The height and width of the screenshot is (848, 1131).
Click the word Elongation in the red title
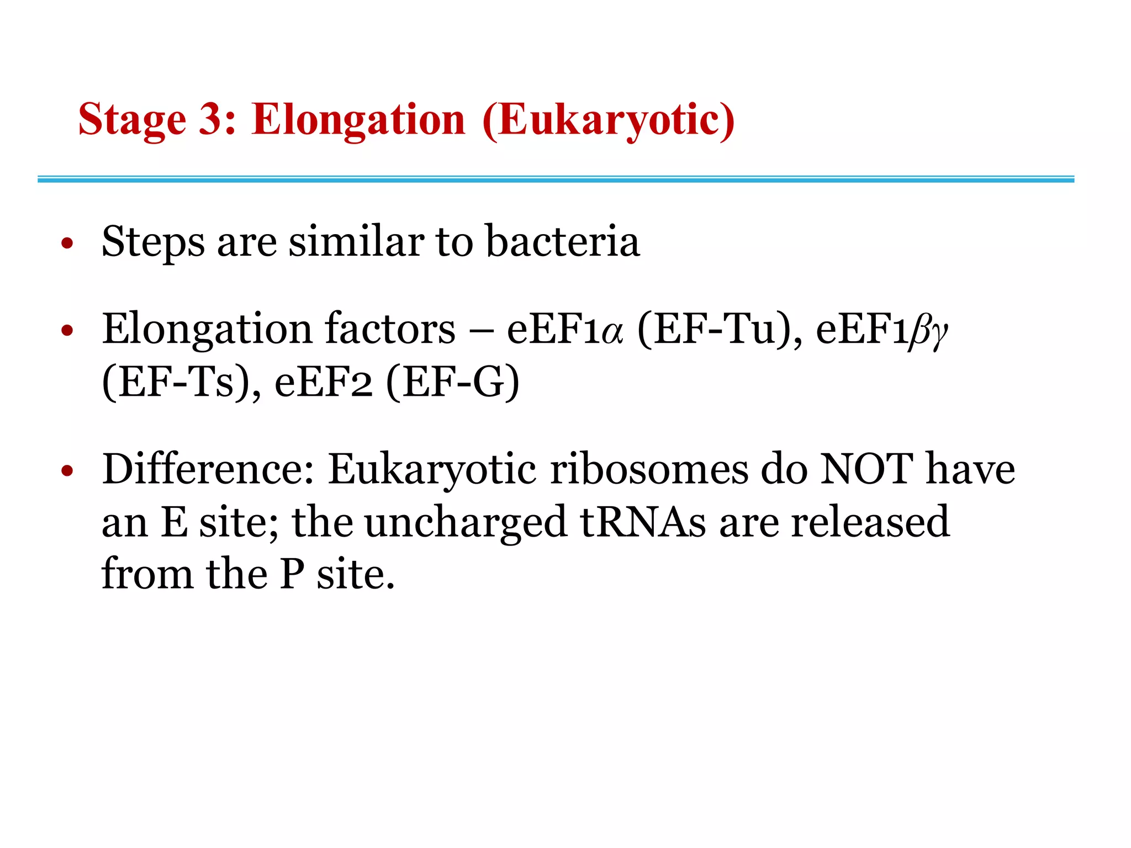[x=358, y=120]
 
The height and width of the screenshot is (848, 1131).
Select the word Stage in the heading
[x=133, y=120]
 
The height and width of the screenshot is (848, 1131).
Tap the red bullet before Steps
[x=67, y=243]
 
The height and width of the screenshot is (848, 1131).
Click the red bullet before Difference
[x=67, y=471]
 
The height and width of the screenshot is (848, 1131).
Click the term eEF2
[x=323, y=383]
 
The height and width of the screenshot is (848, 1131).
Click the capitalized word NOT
[x=866, y=469]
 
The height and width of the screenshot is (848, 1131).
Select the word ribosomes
[x=649, y=469]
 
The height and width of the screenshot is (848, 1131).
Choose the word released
[x=870, y=522]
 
